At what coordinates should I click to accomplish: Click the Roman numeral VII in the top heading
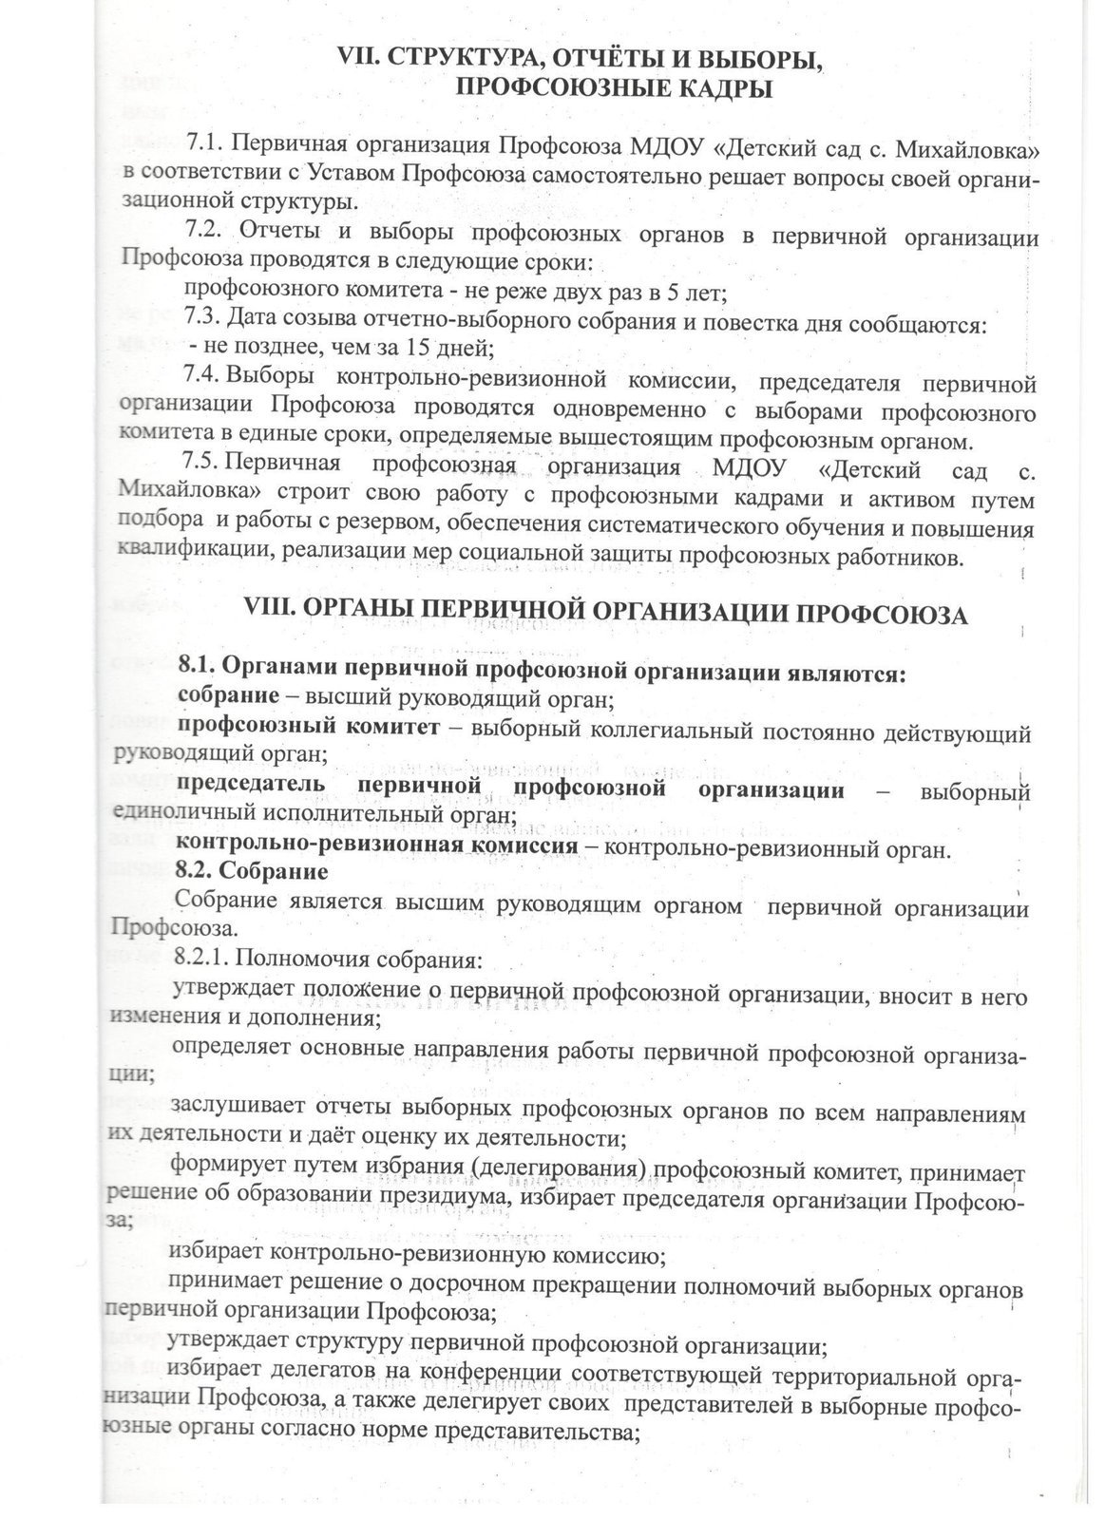pyautogui.click(x=360, y=60)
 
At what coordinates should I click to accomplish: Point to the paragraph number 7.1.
pyautogui.click(x=203, y=145)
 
